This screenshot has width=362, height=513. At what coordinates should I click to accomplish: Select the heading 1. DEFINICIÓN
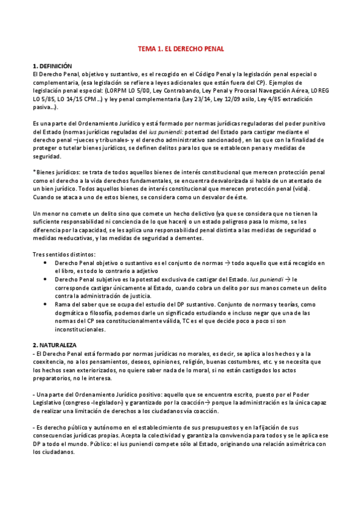[52, 65]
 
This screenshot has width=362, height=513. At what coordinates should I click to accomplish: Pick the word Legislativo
[50, 402]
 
